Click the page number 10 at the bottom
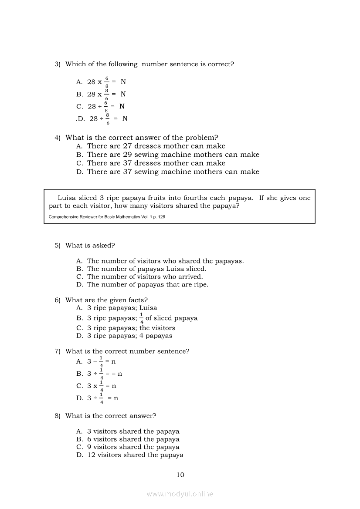point(180,475)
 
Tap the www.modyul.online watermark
point(180,494)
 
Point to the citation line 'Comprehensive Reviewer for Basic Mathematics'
point(107,216)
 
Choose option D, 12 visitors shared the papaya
point(135,455)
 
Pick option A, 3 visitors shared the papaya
point(133,431)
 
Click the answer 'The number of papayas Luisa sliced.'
point(146,269)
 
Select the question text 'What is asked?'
point(90,245)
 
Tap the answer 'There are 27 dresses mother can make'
point(156,146)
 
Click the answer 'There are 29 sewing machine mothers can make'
point(173,155)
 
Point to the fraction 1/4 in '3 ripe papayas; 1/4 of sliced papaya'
point(142,318)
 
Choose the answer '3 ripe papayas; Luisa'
point(122,308)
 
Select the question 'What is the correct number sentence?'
point(127,351)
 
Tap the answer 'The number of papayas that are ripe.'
point(147,284)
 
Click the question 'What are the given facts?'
point(106,300)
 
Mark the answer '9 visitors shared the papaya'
point(133,447)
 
